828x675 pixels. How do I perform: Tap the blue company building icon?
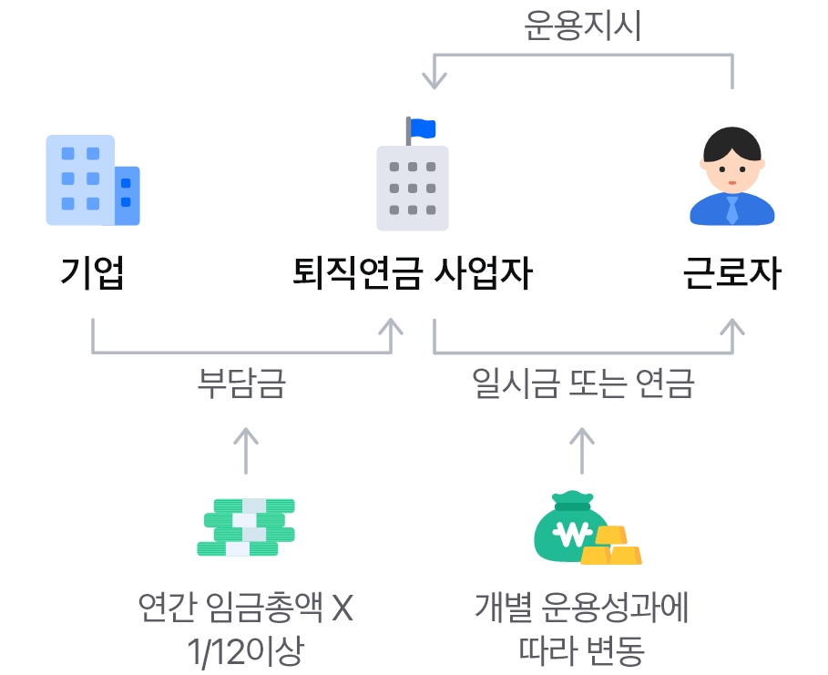pyautogui.click(x=92, y=180)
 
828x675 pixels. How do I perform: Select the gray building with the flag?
pyautogui.click(x=413, y=187)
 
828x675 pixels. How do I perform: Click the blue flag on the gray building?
pyautogui.click(x=423, y=128)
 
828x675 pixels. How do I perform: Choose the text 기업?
pyautogui.click(x=92, y=272)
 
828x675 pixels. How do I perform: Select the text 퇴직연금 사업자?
pyautogui.click(x=412, y=272)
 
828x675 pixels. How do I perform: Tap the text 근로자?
pyautogui.click(x=732, y=272)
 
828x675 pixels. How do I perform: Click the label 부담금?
pyautogui.click(x=241, y=383)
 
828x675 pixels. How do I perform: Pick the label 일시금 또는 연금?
pyautogui.click(x=583, y=383)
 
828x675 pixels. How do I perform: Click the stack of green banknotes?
pyautogui.click(x=246, y=527)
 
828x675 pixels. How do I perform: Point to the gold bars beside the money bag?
pyautogui.click(x=613, y=547)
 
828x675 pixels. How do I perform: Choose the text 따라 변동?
pyautogui.click(x=582, y=652)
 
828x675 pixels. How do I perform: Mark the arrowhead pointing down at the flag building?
pyautogui.click(x=434, y=81)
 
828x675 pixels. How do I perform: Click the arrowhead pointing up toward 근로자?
pyautogui.click(x=732, y=325)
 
